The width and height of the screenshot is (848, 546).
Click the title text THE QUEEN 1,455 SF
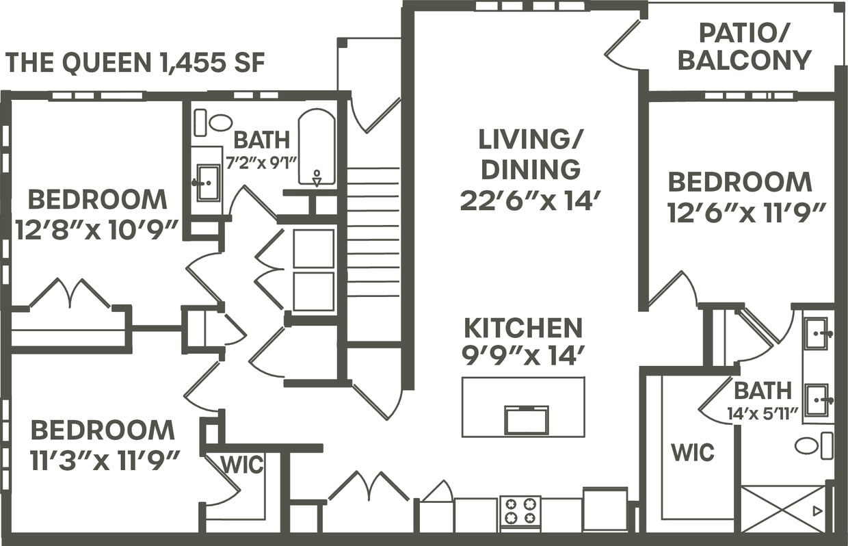tap(135, 63)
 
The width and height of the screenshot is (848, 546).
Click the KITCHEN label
tap(523, 328)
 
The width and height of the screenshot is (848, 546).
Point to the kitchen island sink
tap(526, 419)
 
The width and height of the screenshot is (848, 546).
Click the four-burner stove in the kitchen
tap(520, 511)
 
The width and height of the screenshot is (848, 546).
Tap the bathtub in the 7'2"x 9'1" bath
tap(317, 146)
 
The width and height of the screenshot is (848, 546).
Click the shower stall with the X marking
tap(783, 508)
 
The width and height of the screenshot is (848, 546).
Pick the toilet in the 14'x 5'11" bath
tap(814, 446)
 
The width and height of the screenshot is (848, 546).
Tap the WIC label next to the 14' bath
tap(692, 452)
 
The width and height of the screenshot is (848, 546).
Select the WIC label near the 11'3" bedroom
tap(242, 465)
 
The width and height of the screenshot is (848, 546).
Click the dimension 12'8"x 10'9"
tap(97, 229)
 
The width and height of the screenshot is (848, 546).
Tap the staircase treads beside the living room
tap(373, 233)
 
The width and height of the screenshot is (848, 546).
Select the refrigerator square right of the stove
tap(605, 509)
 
